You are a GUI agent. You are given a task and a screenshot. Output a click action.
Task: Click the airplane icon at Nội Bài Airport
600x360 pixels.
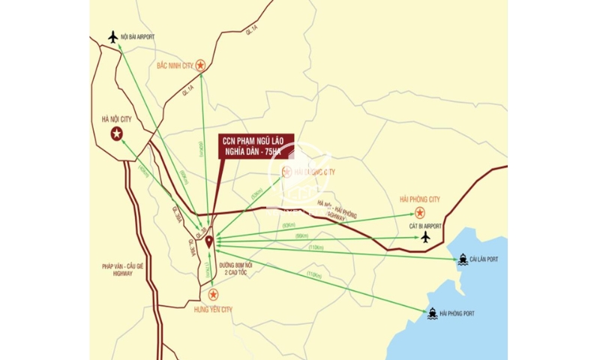click(114, 36)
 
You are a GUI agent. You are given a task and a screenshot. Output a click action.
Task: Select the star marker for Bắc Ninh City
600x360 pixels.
click(200, 66)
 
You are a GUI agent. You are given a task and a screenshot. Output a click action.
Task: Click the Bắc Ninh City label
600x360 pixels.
click(174, 66)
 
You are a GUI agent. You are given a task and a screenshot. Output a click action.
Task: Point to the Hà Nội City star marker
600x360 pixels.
click(116, 134)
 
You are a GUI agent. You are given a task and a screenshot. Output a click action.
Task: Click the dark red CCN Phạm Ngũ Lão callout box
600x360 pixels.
click(254, 145)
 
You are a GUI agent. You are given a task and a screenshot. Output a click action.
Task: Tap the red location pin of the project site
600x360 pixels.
click(208, 241)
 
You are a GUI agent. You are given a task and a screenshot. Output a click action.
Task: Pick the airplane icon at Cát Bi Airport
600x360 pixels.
click(426, 237)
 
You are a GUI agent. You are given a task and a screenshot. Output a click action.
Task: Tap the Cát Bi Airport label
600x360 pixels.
click(424, 225)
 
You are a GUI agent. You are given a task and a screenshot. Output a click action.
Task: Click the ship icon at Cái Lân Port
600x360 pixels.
click(463, 259)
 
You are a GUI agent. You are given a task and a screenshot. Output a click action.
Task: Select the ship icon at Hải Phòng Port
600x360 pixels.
click(433, 312)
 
